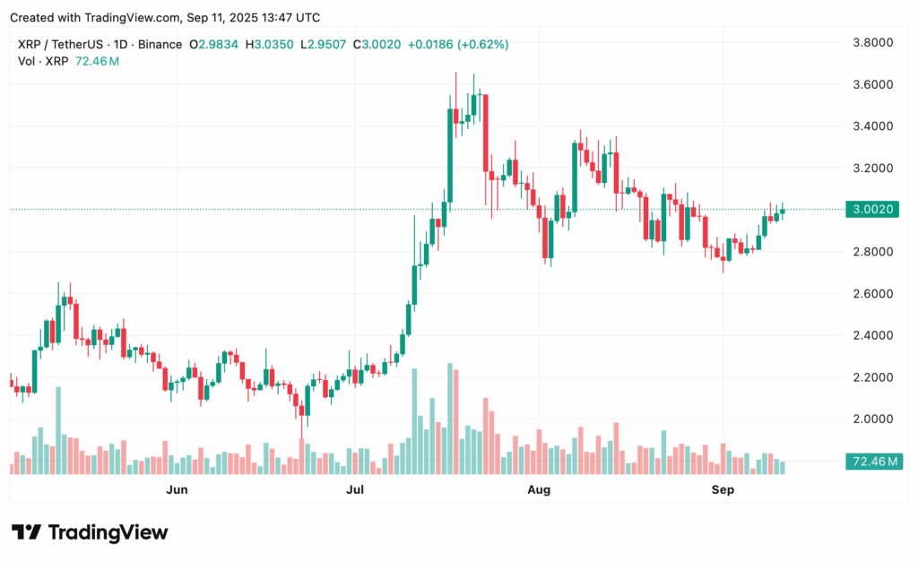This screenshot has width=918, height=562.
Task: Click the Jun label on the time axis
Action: click(x=178, y=489)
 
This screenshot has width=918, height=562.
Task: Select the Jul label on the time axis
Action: click(x=356, y=489)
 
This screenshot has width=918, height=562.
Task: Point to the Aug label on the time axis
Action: click(x=539, y=489)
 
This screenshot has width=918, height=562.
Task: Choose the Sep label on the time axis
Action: click(x=723, y=489)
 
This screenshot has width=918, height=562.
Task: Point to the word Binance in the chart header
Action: click(x=157, y=44)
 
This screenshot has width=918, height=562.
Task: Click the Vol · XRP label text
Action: click(x=43, y=61)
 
